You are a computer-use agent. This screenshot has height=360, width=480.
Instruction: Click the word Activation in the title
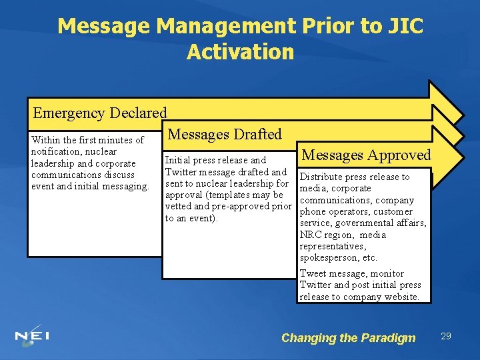(x=240, y=52)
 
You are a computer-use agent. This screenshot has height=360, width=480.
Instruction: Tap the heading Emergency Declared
(x=100, y=113)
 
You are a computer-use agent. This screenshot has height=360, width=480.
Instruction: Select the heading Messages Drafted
(x=225, y=135)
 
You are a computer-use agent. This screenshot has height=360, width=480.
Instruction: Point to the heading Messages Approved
(x=367, y=155)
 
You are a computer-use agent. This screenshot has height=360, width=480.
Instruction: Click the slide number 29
(x=445, y=336)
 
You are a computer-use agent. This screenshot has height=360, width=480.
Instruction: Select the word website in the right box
(x=398, y=297)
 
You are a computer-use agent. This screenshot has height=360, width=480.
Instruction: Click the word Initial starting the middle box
(x=177, y=160)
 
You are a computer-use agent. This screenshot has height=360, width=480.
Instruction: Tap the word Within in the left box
(x=45, y=140)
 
